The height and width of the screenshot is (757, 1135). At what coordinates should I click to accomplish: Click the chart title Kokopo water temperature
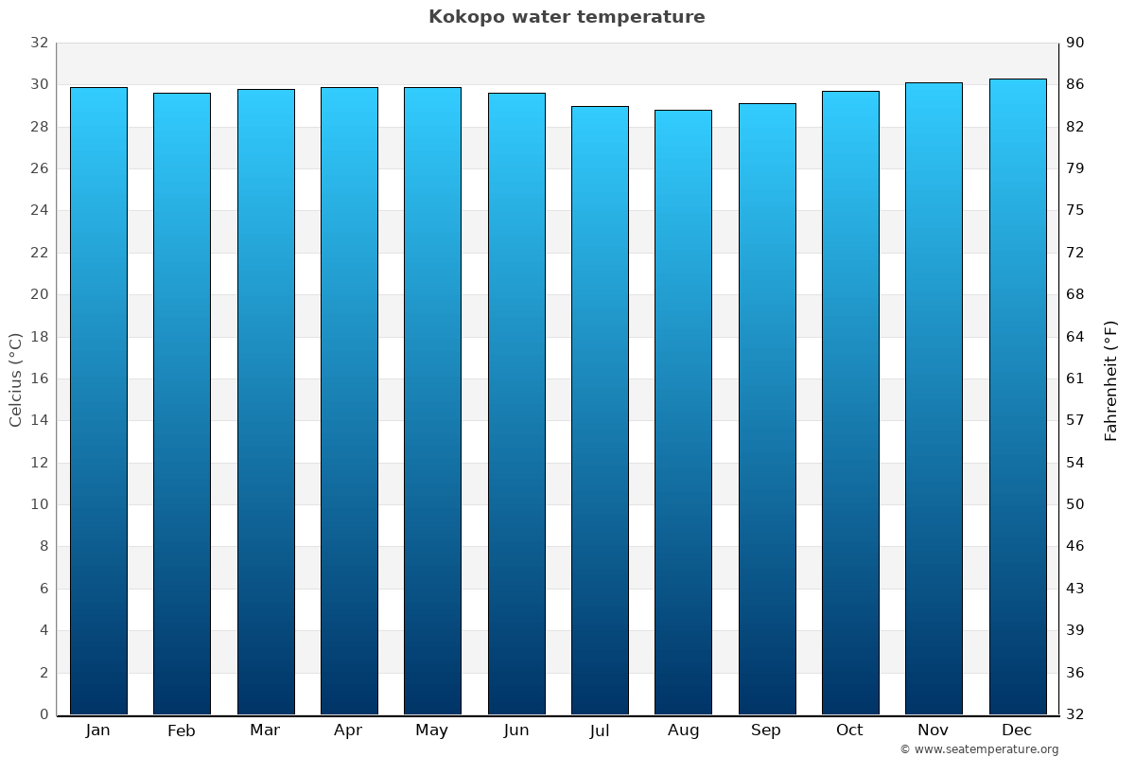coord(567,17)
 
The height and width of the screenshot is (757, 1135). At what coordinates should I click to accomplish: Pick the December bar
coord(1018,396)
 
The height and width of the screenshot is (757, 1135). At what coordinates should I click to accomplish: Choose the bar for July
coord(600,410)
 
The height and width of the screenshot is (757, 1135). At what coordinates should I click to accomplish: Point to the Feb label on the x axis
coord(182,731)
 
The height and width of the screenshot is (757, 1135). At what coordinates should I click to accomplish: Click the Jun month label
coord(516,731)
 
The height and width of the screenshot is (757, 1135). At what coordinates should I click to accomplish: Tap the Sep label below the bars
coord(766,731)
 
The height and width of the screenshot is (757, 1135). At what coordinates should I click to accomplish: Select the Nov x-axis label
coord(934,731)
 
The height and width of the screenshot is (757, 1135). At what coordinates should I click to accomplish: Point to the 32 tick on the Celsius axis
coord(39,43)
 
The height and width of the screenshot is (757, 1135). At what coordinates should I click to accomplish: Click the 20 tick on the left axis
coord(39,294)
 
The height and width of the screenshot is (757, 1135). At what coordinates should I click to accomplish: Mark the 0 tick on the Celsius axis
coord(44,714)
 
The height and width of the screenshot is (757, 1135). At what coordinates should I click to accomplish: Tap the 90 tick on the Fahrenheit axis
coord(1076,43)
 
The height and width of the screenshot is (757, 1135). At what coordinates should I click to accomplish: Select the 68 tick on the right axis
coord(1076,294)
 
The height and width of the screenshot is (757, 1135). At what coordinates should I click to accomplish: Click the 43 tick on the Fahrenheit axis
coord(1076,589)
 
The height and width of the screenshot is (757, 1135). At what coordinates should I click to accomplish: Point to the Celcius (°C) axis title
coord(16,378)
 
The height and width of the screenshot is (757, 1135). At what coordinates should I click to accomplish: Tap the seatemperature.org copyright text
coord(979,749)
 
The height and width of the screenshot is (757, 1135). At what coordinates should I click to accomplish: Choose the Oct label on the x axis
coord(849,731)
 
